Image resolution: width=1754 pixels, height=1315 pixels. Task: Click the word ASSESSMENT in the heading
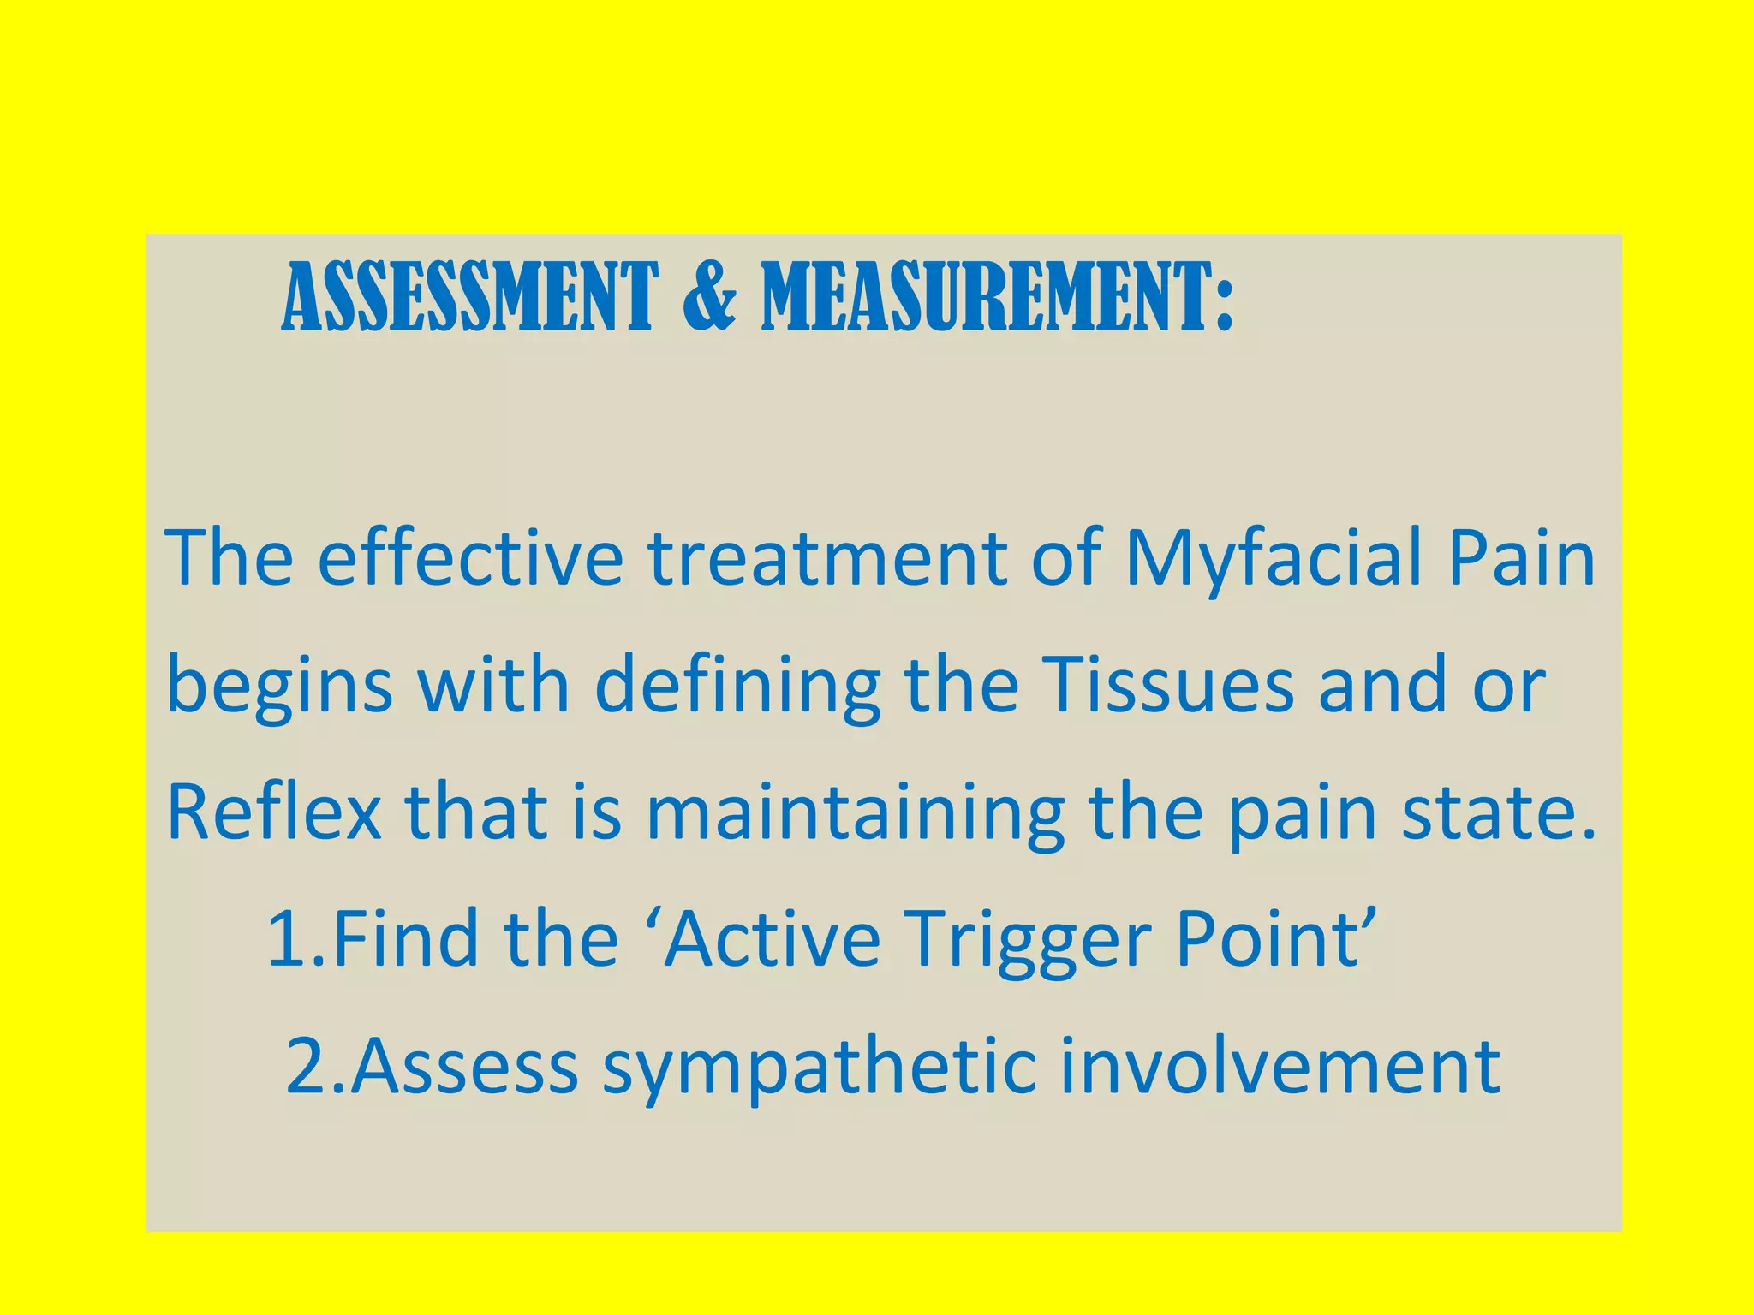coord(469,297)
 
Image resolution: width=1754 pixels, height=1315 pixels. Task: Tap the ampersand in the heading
coord(709,297)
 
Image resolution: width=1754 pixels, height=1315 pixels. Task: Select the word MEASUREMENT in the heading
coord(997,297)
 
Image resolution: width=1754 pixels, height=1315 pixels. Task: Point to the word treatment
coord(827,558)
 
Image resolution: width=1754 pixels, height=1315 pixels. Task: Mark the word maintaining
coord(855,813)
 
